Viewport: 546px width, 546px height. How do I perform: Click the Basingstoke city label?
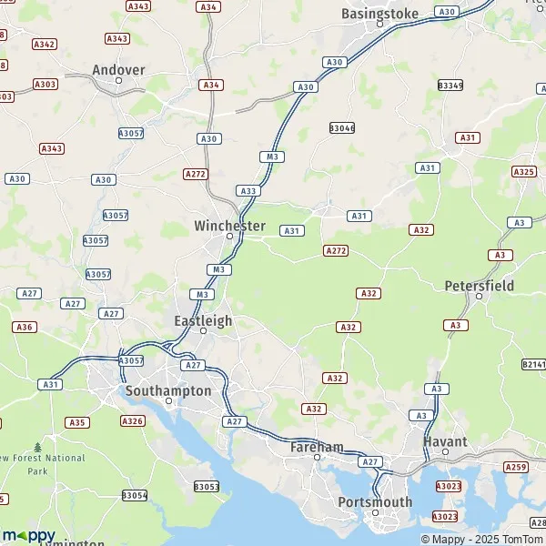[x=379, y=14]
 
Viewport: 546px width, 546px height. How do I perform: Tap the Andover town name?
[x=118, y=69]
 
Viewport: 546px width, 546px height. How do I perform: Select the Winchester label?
[x=229, y=226]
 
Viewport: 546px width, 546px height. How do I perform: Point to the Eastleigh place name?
[x=203, y=320]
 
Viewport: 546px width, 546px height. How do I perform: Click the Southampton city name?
[x=167, y=390]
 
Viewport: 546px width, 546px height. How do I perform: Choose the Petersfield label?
[x=480, y=285]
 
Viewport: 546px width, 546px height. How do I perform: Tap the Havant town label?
[x=446, y=441]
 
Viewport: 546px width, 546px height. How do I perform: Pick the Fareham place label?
[x=317, y=447]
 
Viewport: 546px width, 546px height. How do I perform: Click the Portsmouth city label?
[x=375, y=501]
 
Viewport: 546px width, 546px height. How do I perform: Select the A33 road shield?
[x=247, y=190]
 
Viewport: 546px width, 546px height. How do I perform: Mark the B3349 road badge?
[x=450, y=85]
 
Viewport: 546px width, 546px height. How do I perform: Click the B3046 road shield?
[x=342, y=128]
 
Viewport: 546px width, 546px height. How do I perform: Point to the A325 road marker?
[x=523, y=171]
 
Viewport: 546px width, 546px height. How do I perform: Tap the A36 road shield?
[x=25, y=327]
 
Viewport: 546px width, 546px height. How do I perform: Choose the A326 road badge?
[x=132, y=420]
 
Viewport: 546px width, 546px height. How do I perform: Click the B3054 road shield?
[x=134, y=495]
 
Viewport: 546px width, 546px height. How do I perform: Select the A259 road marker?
[x=516, y=467]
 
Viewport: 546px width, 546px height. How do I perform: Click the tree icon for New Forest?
[x=37, y=448]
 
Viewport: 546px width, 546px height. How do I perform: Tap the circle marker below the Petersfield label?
[x=479, y=296]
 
